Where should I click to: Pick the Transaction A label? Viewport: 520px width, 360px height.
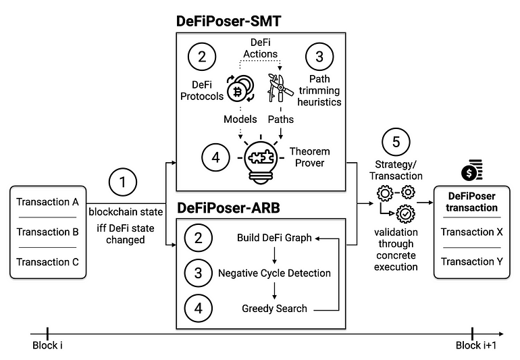(x=47, y=202)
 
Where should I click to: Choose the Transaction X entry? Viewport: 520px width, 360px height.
(x=472, y=232)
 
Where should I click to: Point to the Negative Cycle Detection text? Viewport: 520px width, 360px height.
(x=274, y=273)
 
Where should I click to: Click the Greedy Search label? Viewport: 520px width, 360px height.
(x=274, y=309)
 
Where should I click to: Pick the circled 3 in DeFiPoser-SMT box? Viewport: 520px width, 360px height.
(x=319, y=57)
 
